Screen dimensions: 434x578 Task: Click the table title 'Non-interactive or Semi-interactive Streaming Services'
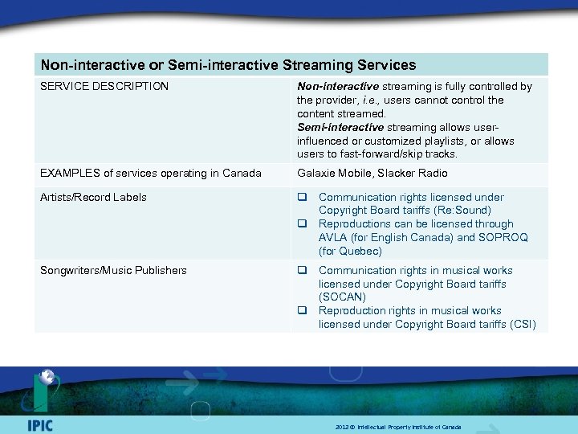(228, 64)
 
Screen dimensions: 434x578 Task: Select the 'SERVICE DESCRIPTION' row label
(104, 86)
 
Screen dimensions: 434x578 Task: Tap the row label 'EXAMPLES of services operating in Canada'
(151, 173)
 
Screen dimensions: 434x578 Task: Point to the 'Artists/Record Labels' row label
(93, 197)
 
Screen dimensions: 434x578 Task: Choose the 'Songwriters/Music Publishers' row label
(113, 270)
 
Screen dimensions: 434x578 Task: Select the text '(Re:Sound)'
(462, 210)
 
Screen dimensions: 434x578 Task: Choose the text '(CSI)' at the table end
(521, 324)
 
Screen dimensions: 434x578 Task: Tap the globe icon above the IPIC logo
(46, 377)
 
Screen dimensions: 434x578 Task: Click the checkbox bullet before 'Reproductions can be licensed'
(303, 224)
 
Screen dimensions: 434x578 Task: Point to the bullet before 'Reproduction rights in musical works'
(303, 311)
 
